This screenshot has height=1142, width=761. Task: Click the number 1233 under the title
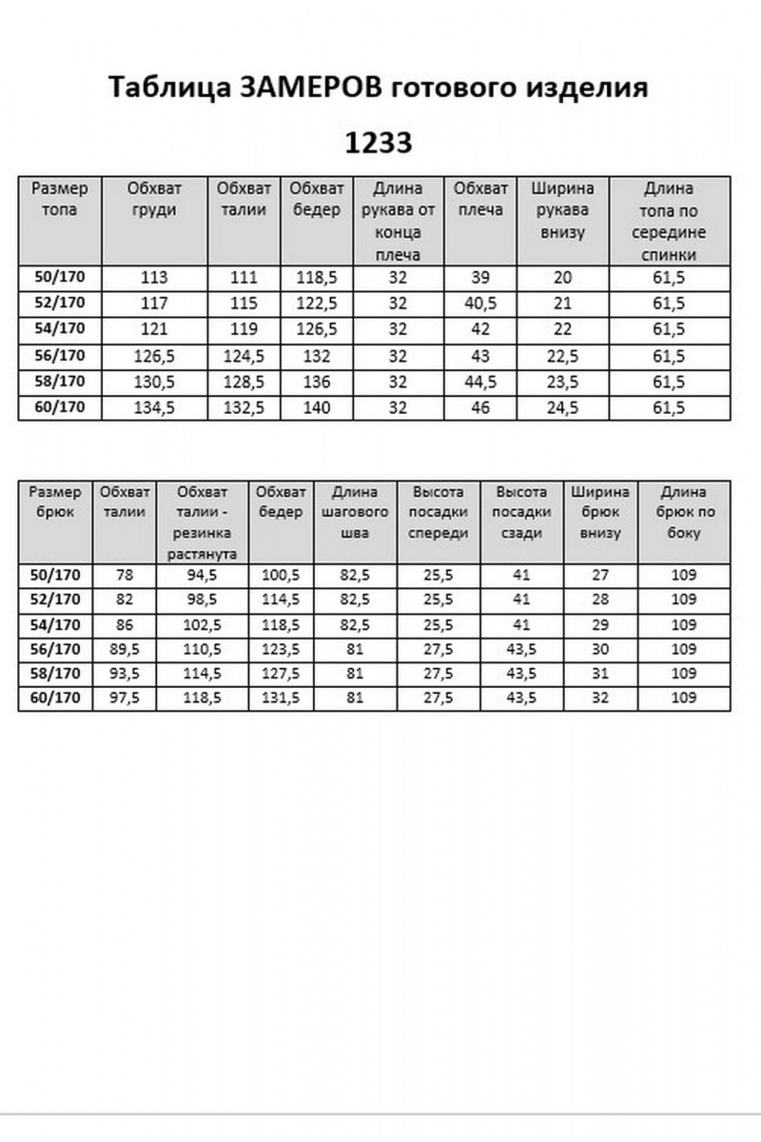[379, 143]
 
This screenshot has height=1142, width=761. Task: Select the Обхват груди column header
[153, 199]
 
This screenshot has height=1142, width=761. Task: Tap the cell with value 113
[153, 278]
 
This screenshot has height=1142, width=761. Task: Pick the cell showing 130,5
[153, 383]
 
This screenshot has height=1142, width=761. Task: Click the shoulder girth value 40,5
[480, 304]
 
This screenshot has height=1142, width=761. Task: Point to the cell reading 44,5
[480, 383]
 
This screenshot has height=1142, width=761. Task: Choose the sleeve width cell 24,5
[562, 408]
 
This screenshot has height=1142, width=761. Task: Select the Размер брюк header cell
[55, 502]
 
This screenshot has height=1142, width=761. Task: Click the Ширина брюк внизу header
[599, 513]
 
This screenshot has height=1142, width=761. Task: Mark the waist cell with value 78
[125, 576]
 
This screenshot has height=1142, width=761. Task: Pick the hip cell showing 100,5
[280, 576]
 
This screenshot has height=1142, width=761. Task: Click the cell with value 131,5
[280, 699]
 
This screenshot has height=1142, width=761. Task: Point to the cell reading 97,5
[125, 699]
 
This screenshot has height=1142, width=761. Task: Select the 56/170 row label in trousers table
[55, 650]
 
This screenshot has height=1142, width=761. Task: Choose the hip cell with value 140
[317, 408]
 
